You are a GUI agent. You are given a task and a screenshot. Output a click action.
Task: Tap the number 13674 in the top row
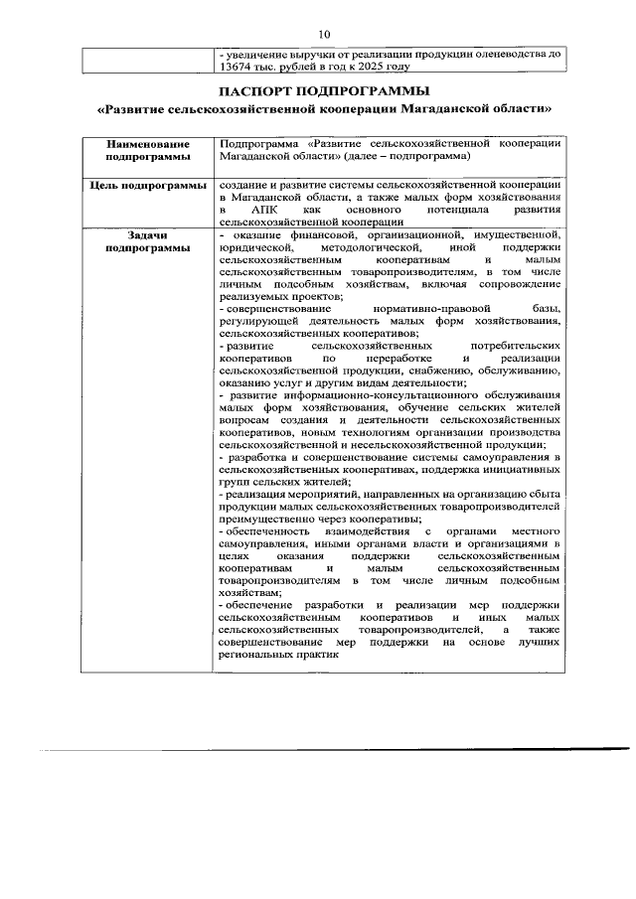[x=236, y=68]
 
